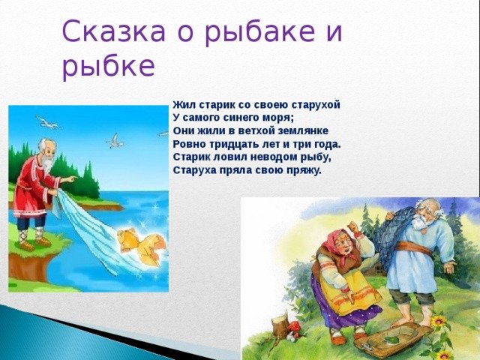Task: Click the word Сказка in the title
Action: click(x=114, y=31)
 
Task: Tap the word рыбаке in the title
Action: click(x=260, y=32)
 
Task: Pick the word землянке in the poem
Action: click(x=303, y=131)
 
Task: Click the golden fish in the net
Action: click(x=142, y=247)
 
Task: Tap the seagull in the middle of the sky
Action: click(x=115, y=141)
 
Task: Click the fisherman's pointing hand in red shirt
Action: click(x=71, y=178)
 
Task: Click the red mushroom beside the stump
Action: click(x=294, y=327)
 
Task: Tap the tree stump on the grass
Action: click(x=280, y=325)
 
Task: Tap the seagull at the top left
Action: click(x=47, y=122)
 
